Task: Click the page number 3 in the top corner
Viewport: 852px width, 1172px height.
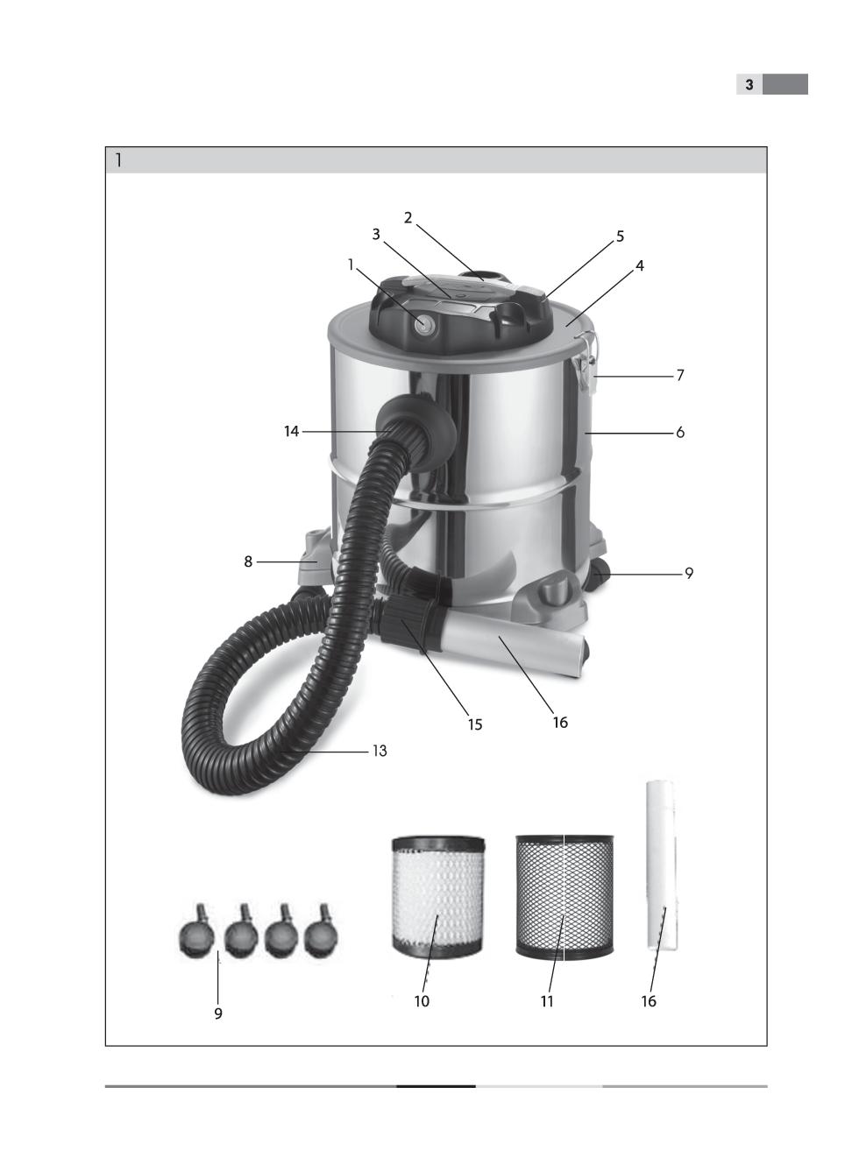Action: click(x=749, y=84)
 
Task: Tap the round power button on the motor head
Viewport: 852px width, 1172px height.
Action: click(x=422, y=324)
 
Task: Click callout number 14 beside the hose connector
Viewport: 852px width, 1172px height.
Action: click(x=291, y=431)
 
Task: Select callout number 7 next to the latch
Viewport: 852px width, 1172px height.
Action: click(x=679, y=375)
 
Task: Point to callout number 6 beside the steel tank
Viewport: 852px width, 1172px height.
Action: click(x=679, y=432)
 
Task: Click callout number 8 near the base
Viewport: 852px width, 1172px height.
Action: click(x=248, y=561)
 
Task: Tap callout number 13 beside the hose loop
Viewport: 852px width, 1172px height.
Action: click(x=380, y=751)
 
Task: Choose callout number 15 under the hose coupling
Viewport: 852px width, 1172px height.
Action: click(x=475, y=724)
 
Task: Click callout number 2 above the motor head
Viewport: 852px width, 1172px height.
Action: click(x=408, y=217)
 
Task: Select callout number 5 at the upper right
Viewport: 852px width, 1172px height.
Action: click(x=620, y=237)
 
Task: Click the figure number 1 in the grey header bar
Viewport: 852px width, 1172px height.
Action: click(x=119, y=160)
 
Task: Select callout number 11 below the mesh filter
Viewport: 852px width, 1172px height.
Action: click(x=547, y=1001)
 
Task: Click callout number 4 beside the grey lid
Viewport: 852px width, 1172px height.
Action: click(x=639, y=265)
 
